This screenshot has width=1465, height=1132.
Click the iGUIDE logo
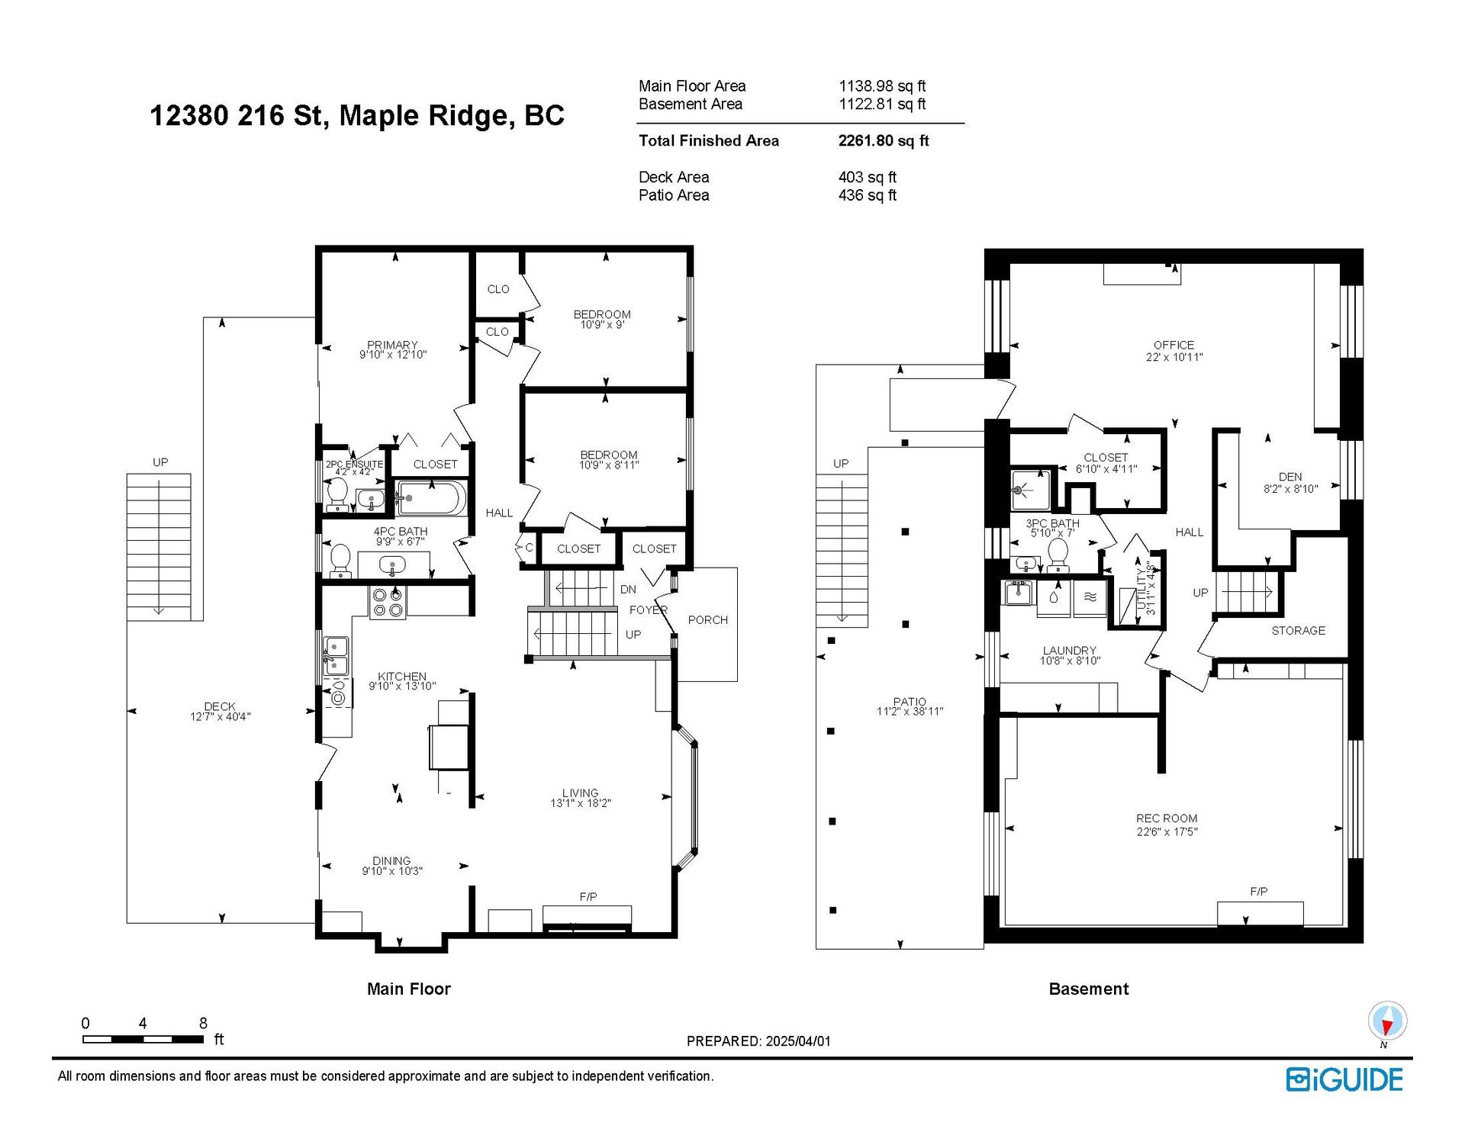pos(1344,1079)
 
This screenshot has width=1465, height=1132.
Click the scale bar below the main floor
pos(143,1039)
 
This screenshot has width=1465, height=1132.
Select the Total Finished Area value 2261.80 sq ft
pos(884,140)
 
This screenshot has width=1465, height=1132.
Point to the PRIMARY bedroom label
pos(392,345)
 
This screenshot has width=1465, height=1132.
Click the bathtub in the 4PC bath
pos(431,499)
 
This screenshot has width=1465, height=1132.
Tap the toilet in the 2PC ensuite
pos(336,494)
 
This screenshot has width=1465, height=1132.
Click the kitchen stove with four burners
pos(388,602)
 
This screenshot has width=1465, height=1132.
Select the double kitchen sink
pos(336,656)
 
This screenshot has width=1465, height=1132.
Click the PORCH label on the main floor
pos(708,620)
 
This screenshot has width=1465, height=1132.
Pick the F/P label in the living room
pos(588,897)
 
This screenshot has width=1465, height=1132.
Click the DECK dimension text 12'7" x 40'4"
pos(221,716)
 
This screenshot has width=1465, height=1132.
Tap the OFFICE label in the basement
pos(1174,345)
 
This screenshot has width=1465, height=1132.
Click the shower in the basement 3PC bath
pos(1030,490)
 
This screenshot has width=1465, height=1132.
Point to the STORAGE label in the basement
pos(1298,631)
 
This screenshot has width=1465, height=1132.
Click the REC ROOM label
pos(1167,818)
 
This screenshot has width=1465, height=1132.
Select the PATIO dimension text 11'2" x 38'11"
pos(910,712)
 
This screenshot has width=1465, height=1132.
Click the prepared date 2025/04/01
pos(798,1041)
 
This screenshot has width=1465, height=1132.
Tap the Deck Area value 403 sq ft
pos(868,177)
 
